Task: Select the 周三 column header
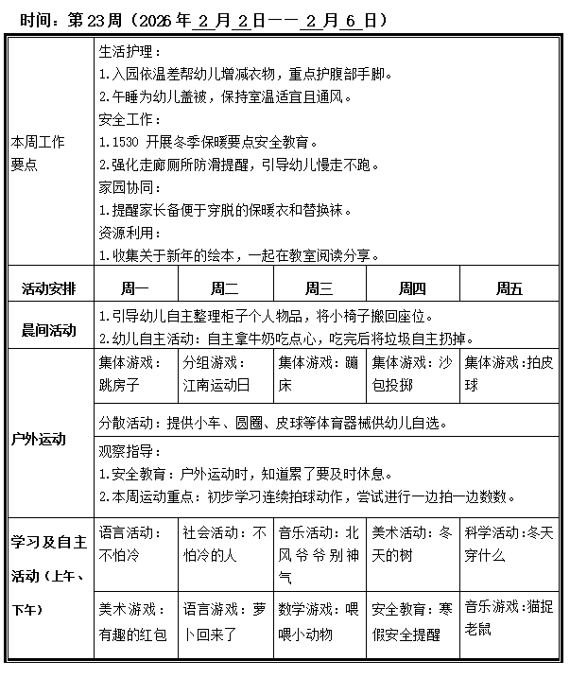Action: click(x=319, y=289)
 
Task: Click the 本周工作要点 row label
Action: click(x=38, y=152)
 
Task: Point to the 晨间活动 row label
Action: click(x=49, y=329)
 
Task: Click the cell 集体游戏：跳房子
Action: click(x=135, y=374)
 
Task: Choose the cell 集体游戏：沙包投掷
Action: click(x=412, y=374)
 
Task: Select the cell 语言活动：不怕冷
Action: click(x=135, y=544)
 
